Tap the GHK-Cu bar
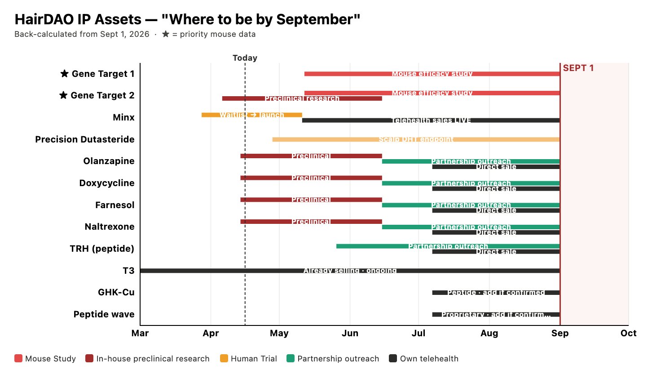coord(496,293)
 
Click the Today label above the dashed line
coord(245,58)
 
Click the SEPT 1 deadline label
coord(578,68)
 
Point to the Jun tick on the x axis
coord(350,333)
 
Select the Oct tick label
coord(628,333)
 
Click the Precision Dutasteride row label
coord(85,139)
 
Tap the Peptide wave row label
coord(104,314)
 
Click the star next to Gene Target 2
coord(63,95)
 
